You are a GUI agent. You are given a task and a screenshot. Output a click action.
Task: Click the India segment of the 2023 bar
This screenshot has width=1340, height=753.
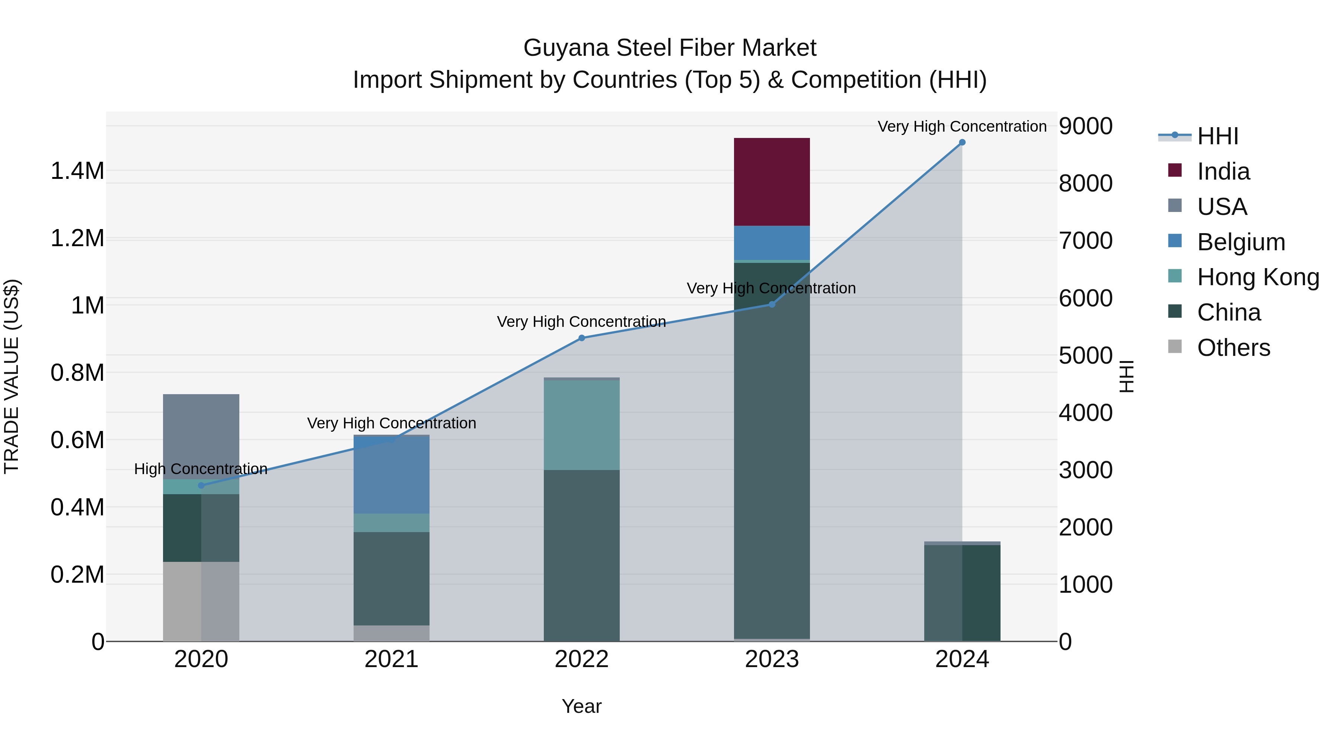tap(772, 182)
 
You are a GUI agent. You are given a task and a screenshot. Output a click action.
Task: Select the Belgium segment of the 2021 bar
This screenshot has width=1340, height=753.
tap(391, 476)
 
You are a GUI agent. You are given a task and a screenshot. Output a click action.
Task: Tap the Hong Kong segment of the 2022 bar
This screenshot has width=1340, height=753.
tap(581, 425)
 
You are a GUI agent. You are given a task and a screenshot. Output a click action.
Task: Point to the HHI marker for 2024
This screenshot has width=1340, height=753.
tap(962, 142)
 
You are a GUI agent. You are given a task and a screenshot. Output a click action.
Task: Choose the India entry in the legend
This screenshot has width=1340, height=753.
tap(1223, 171)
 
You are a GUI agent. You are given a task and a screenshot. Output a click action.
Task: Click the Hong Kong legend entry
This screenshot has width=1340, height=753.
tap(1258, 277)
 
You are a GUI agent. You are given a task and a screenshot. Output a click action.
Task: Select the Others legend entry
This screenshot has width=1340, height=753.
tap(1234, 348)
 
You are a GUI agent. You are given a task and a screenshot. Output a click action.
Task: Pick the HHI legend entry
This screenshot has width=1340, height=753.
tap(1217, 136)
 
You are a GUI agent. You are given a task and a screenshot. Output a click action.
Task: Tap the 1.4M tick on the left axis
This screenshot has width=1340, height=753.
tap(77, 171)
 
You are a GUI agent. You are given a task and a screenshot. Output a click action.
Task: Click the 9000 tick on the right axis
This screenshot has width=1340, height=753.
tap(1086, 126)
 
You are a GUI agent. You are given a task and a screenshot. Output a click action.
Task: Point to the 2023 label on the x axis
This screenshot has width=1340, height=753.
tap(772, 659)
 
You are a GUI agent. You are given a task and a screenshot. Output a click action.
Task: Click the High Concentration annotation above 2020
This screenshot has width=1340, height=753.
tap(201, 469)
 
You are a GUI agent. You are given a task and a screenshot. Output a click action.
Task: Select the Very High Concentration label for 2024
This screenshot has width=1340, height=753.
tap(962, 126)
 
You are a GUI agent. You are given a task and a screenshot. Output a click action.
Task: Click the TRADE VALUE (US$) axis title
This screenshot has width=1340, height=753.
tap(12, 376)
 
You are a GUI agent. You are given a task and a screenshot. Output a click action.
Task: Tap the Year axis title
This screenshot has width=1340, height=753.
tap(581, 706)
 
